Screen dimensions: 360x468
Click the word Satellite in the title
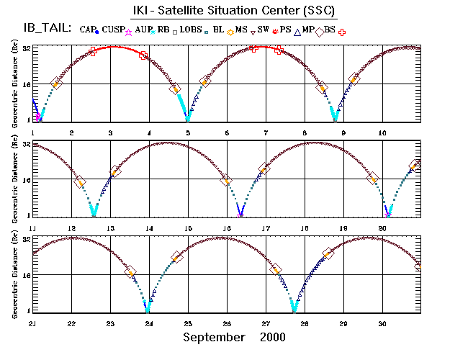coord(210,12)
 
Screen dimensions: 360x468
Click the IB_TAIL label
coord(43,28)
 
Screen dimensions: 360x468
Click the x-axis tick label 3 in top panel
coord(110,133)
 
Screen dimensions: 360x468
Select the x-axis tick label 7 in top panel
coord(266,133)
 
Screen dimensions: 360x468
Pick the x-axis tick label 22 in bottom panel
coord(71,323)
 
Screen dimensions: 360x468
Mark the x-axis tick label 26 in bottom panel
coord(227,323)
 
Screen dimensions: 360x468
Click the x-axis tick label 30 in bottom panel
coord(382,323)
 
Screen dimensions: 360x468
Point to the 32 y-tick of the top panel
coord(25,48)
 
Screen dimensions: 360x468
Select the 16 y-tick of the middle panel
coord(25,179)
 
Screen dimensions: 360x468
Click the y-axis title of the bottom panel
coord(15,278)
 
